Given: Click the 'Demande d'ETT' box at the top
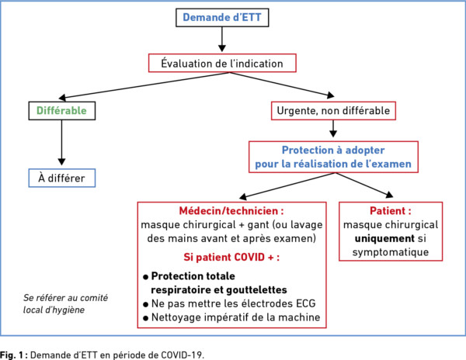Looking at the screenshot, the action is (222, 18).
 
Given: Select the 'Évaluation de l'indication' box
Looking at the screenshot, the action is (222, 63).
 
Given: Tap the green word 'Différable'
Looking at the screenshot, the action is (61, 111).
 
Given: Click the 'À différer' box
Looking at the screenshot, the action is (62, 178).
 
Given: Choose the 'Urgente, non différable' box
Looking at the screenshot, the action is (333, 111).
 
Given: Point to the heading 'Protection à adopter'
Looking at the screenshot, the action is (333, 151).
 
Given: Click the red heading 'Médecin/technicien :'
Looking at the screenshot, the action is (231, 211).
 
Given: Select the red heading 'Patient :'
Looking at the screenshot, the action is (391, 211).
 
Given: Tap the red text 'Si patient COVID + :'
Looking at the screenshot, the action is (231, 257).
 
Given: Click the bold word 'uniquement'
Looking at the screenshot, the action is (384, 239).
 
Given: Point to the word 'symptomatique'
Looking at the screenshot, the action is (391, 252).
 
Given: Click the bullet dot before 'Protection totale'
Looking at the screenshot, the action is (146, 277).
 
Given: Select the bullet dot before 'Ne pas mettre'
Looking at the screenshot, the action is (146, 304).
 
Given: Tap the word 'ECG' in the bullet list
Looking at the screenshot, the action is (305, 303).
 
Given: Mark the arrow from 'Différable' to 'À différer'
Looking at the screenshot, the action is (61, 143).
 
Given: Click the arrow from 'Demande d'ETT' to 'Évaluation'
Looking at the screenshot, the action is (222, 40).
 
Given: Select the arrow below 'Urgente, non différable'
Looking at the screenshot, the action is (333, 129).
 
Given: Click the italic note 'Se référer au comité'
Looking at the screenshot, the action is (66, 298).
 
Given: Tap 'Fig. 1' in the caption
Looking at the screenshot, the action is (12, 355).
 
